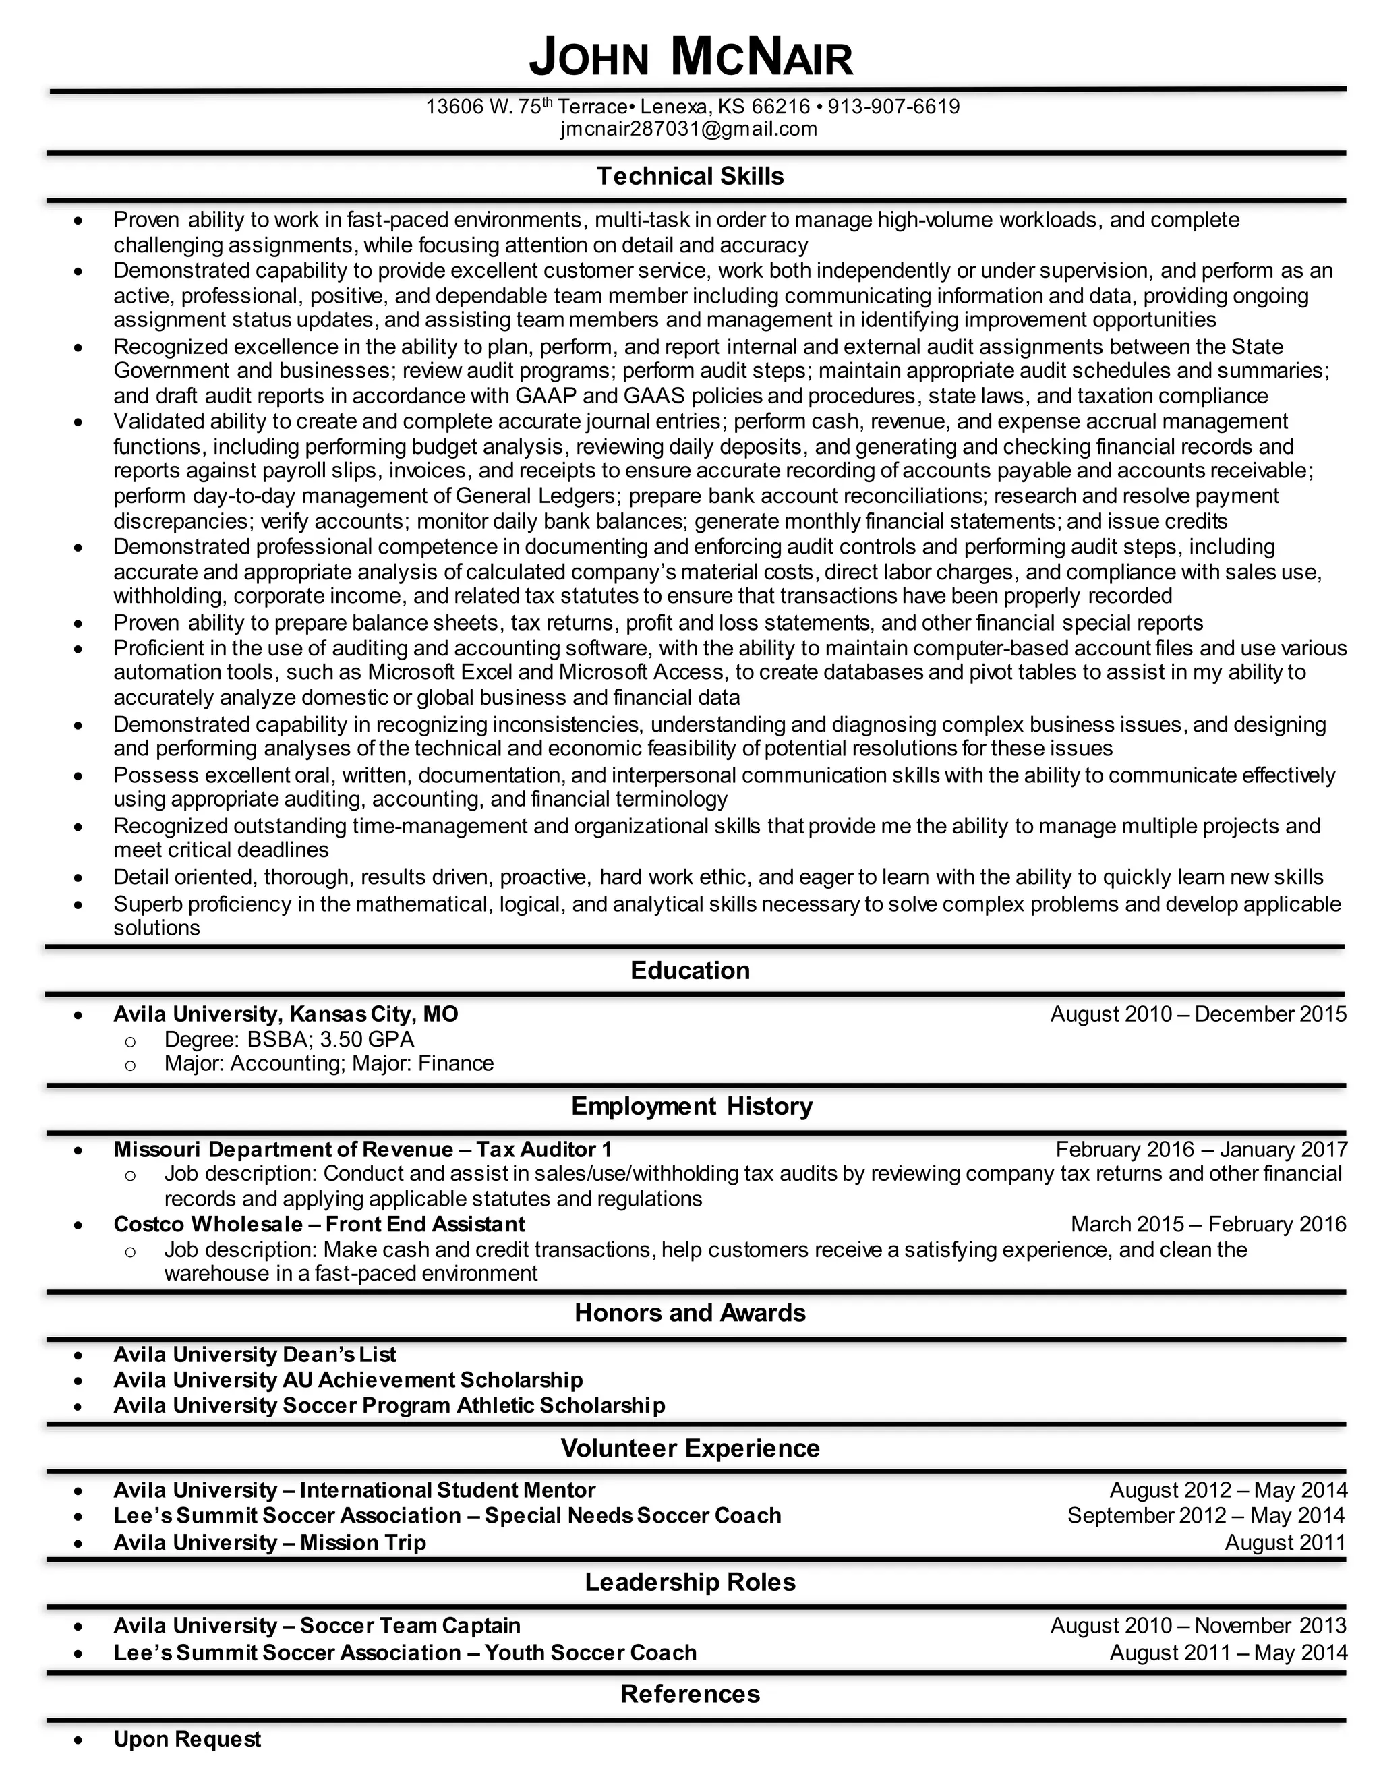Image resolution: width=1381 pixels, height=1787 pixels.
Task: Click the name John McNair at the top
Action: coord(690,58)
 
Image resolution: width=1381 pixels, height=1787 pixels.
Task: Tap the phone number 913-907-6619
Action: coord(893,107)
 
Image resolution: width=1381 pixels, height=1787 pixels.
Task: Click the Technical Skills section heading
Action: coord(690,177)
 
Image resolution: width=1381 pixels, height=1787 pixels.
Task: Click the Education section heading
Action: coord(690,970)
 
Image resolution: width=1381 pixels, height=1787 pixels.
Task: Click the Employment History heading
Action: coord(691,1106)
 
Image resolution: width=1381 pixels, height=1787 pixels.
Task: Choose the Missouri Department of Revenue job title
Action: coord(362,1150)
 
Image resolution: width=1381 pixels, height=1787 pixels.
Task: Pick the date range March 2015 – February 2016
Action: coord(1208,1224)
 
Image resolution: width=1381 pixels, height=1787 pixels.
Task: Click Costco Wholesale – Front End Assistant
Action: coord(319,1224)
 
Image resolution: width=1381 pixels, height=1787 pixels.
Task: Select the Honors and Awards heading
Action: coord(690,1312)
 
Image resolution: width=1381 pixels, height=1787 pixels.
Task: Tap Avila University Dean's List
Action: coord(254,1355)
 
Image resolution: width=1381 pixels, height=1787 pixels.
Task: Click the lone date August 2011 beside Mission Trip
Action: coord(1285,1542)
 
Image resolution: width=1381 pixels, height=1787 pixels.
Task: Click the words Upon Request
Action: coord(187,1738)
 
